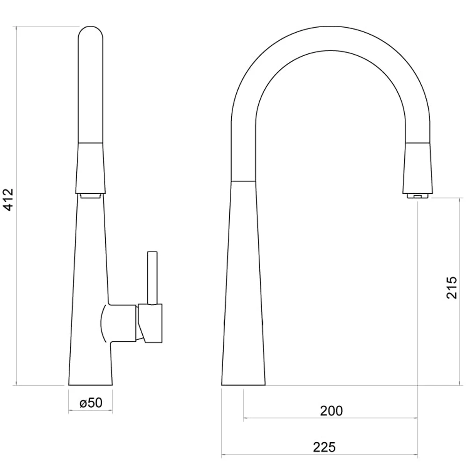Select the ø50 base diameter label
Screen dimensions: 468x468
[x=91, y=402]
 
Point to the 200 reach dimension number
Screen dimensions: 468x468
[x=331, y=411]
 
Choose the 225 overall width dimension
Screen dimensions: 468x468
[x=324, y=447]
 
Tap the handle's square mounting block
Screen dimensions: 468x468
[x=150, y=323]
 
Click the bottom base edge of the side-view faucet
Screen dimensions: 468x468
[x=90, y=385]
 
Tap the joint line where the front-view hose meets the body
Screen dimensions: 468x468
[x=244, y=180]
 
